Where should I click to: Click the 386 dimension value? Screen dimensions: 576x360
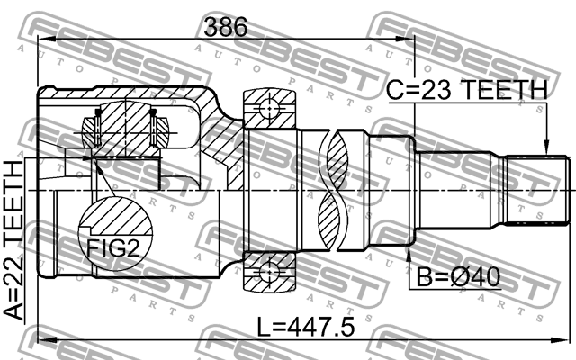226,27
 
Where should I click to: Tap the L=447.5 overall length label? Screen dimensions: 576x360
306,328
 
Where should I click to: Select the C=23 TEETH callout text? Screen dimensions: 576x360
467,90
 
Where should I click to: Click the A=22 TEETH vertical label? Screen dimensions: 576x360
13,241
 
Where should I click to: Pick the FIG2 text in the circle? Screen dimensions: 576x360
113,249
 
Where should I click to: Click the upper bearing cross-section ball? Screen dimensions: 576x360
269,109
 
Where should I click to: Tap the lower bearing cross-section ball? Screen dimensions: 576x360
269,272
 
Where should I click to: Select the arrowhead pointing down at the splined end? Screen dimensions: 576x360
546,148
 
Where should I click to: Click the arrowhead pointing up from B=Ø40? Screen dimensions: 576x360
408,253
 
